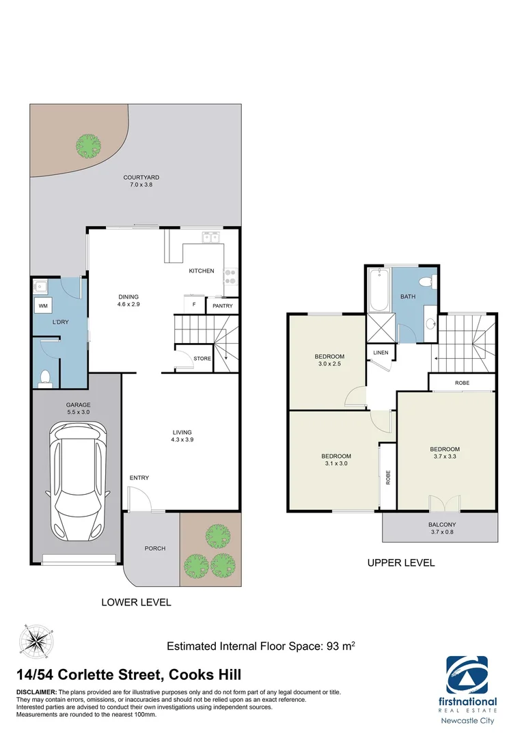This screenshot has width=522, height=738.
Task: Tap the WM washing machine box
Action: pos(43,305)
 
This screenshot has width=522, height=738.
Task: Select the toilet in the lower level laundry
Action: pos(46,378)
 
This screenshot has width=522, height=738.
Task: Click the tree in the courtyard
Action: pos(88,145)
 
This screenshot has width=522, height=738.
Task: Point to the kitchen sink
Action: pos(210,237)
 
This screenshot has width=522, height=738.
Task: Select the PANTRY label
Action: pos(223,306)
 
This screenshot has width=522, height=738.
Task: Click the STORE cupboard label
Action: pos(202,359)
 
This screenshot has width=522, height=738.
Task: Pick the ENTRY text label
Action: pos(139,478)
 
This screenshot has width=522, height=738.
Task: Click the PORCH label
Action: pos(155,548)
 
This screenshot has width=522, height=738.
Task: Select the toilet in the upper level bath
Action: pos(426,281)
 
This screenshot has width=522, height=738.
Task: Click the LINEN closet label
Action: pos(381,353)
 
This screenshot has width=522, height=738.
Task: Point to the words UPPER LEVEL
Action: pos(400,563)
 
